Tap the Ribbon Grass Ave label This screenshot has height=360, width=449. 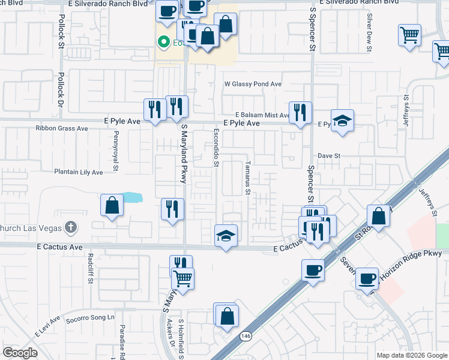pos(62,128)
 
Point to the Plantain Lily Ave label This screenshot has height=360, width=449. pos(79,172)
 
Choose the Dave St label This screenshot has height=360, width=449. pos(329,155)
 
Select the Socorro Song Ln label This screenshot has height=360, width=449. pos(89,317)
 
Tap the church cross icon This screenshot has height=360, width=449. pos(71,227)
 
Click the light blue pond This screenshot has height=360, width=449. pos(131,197)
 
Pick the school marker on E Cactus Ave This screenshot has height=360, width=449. pos(226,236)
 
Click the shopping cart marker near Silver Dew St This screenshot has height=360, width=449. pos(409,35)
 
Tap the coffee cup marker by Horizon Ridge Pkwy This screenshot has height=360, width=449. pos(367,278)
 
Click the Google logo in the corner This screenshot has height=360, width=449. pos(20,353)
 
